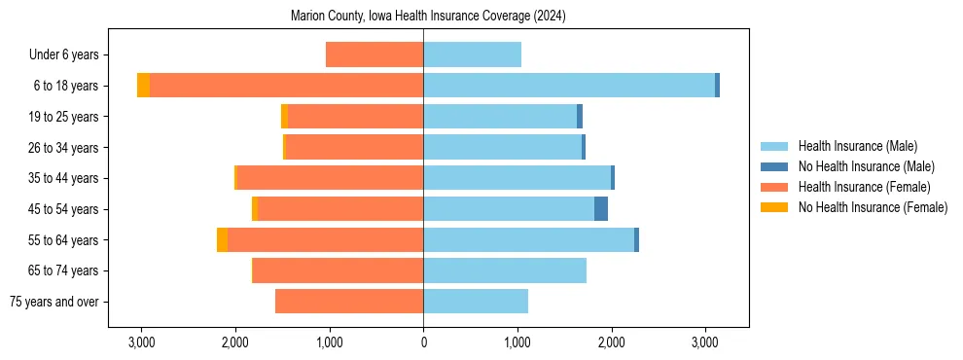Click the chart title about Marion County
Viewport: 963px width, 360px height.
(428, 17)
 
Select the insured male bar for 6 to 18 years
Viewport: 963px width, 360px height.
(569, 86)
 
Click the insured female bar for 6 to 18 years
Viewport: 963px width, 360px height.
(286, 86)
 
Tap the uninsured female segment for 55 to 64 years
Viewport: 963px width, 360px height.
(222, 239)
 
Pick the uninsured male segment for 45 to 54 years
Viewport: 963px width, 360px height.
(601, 208)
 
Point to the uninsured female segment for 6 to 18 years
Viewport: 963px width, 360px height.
(143, 86)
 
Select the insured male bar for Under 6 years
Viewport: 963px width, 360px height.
(472, 54)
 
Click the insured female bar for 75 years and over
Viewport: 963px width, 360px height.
(349, 302)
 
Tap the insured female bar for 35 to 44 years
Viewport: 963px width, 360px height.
(330, 178)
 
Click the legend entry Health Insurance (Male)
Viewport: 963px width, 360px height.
(857, 146)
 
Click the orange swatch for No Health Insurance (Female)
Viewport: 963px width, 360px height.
(774, 207)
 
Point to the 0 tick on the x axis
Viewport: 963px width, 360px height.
(423, 343)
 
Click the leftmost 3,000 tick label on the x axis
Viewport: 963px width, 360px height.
(141, 343)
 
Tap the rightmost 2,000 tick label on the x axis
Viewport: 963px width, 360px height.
(611, 343)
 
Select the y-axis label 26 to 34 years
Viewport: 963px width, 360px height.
(65, 148)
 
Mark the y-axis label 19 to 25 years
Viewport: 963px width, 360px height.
(65, 117)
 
